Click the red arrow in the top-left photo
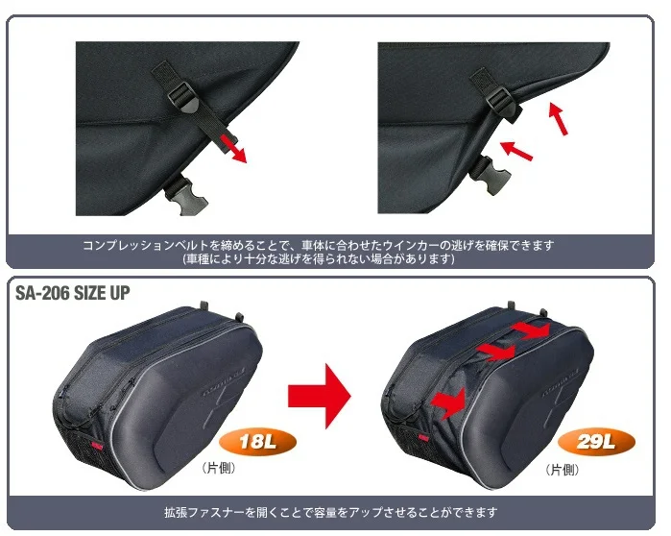click(x=231, y=148)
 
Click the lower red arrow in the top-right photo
click(x=516, y=149)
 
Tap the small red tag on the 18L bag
click(x=94, y=445)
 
